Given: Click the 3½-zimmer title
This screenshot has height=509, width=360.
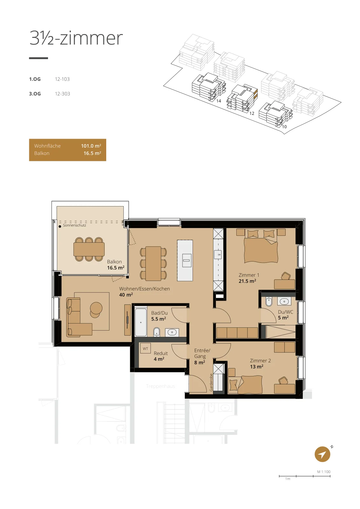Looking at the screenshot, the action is point(76,38).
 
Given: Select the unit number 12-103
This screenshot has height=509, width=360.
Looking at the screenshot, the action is point(62,79).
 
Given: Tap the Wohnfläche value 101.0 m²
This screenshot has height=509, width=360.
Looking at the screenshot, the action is point(91,146).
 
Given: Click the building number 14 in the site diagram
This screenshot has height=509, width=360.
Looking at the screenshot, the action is point(219,101).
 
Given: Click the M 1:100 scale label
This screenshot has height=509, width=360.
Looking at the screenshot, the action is point(324,472).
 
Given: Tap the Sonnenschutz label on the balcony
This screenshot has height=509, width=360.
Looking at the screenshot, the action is point(74,226).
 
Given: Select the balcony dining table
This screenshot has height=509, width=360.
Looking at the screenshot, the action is point(89,249).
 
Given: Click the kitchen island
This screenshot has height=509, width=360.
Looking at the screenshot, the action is point(185,261).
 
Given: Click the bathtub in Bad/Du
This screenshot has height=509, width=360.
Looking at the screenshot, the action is point(141,322).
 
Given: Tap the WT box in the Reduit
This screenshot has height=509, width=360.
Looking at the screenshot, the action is point(145,349).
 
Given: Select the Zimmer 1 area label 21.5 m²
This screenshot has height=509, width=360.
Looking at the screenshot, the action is point(247,281).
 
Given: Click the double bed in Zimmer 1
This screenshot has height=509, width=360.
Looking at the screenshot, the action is point(261,246).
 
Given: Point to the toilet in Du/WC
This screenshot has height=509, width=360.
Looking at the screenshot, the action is point(269,301).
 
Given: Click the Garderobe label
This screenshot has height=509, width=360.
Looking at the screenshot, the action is point(211,382).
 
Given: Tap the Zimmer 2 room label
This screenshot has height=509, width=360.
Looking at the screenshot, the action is point(260,361).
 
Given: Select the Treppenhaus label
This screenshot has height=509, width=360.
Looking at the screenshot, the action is point(161,386).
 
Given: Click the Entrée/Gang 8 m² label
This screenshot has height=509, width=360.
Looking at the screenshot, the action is point(202,356).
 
